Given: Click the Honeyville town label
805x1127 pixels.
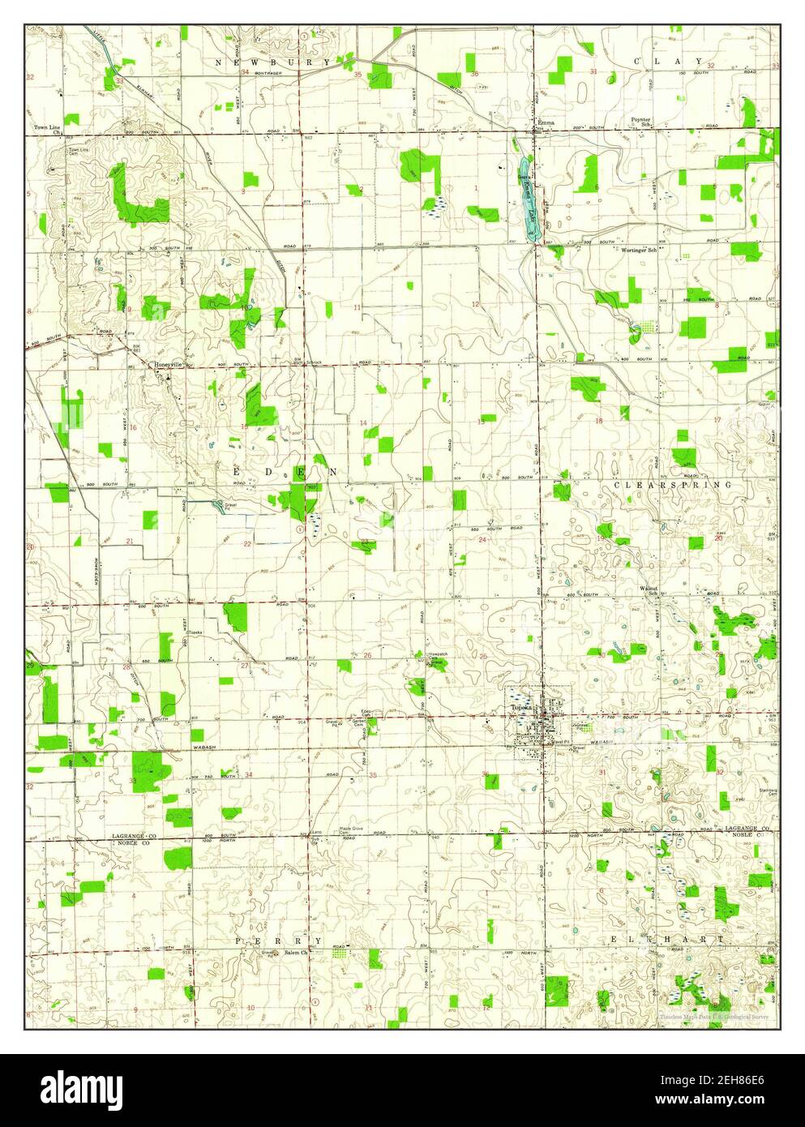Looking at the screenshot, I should [170, 365].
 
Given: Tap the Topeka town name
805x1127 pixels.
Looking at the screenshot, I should [520, 708].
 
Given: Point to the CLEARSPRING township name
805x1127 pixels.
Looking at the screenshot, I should [672, 484].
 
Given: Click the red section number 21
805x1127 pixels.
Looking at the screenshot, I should [129, 541].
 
